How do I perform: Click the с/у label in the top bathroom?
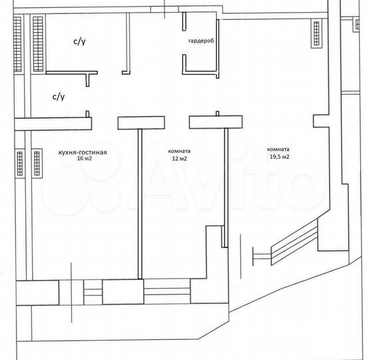pos(79,41)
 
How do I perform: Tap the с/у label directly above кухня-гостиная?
pos(59,97)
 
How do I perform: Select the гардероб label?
pos(200,41)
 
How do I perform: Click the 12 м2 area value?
pos(179,159)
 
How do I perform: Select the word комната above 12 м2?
pos(179,151)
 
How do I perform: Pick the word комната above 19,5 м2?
pos(278,149)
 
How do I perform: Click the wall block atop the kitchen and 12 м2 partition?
pos(141,122)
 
